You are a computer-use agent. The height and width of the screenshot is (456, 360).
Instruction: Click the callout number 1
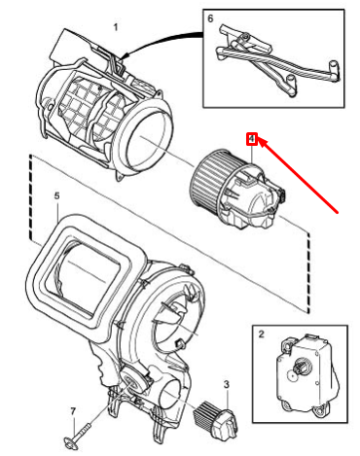coord(116,27)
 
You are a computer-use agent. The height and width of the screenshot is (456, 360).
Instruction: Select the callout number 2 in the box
coord(262,333)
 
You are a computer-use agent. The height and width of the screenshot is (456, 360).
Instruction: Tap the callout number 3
coord(227,384)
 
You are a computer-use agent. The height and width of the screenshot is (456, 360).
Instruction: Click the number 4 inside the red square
coord(252,139)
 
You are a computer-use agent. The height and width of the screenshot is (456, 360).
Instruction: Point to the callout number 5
coord(57,195)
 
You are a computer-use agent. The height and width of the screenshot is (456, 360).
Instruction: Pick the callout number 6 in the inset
coord(210,18)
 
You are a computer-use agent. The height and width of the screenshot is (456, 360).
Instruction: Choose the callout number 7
coord(73,411)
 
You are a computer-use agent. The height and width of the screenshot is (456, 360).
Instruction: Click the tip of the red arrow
coord(259,140)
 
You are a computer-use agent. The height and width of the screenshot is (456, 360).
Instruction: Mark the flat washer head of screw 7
coord(70,443)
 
